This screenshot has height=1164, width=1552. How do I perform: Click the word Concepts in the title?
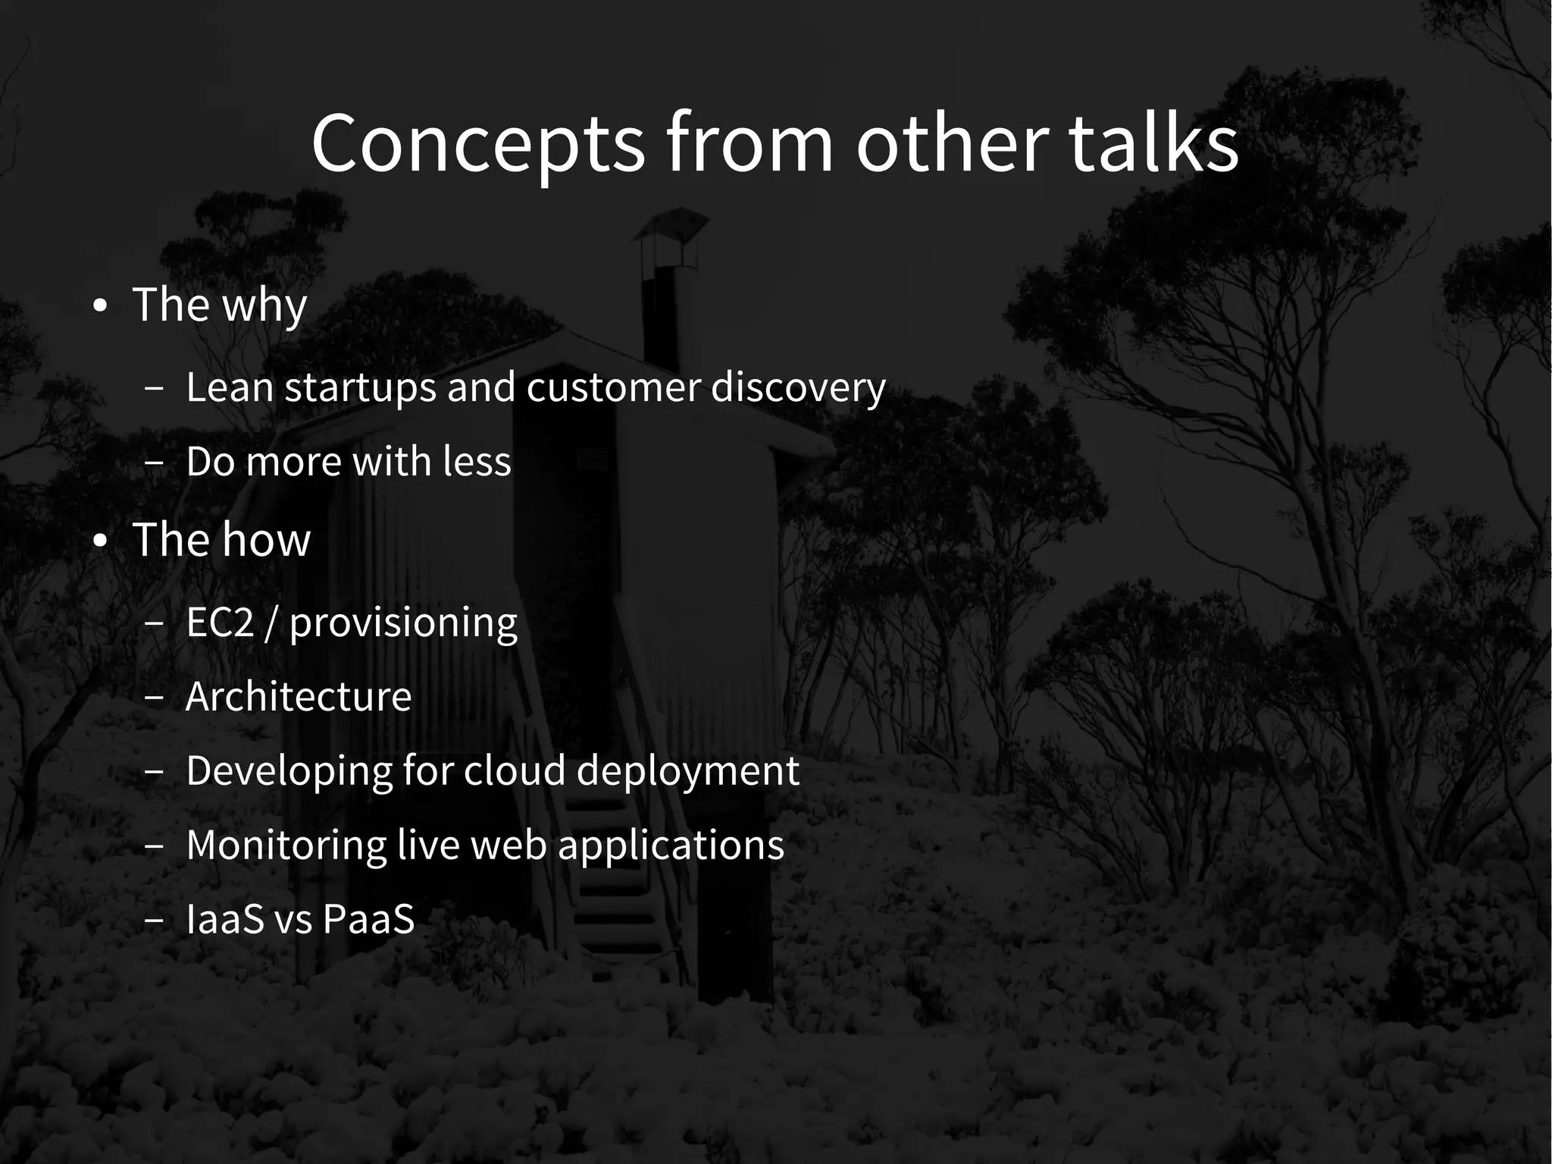[477, 144]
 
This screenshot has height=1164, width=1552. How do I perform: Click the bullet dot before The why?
[100, 307]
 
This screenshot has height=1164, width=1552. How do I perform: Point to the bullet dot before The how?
[100, 541]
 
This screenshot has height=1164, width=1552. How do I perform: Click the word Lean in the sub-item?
[229, 387]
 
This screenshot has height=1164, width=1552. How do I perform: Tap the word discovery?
[797, 388]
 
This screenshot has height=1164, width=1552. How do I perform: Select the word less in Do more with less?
[477, 461]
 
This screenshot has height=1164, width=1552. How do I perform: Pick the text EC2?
[220, 623]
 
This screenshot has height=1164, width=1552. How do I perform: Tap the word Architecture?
[298, 696]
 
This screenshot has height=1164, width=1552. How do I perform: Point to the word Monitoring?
[286, 846]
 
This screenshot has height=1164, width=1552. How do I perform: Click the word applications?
[671, 846]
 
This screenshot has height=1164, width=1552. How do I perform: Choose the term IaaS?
[224, 919]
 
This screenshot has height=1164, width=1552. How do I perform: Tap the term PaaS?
[368, 919]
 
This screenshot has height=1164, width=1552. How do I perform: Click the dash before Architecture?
[154, 698]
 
